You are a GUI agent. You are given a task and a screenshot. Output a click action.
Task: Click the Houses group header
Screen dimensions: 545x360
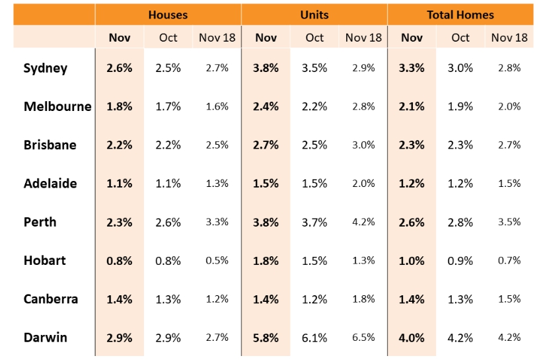tap(168, 15)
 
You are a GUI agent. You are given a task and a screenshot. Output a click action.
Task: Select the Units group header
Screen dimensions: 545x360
tap(314, 15)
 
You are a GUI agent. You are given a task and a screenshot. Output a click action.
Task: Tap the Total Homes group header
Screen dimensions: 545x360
tap(460, 15)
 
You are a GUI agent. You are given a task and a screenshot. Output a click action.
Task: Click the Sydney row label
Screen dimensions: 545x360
tap(45, 68)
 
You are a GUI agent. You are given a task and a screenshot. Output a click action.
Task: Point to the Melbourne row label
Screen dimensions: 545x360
tap(57, 106)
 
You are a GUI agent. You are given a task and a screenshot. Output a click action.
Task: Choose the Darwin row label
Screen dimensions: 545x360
tap(45, 338)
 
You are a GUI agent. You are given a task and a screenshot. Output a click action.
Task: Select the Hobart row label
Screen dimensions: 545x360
tap(44, 260)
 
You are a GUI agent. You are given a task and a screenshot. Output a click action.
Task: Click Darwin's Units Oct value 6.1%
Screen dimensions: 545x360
tap(314, 338)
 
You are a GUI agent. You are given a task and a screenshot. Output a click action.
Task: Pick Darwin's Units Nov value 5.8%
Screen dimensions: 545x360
tap(266, 338)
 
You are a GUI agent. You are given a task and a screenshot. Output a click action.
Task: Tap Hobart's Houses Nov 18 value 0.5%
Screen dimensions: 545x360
tap(217, 260)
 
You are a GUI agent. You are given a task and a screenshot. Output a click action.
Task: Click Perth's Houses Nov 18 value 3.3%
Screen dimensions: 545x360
tap(217, 222)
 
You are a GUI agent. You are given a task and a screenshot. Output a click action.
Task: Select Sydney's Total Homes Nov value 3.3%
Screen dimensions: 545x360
tap(412, 68)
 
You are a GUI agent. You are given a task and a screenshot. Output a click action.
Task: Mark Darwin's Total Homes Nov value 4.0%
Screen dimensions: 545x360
tap(412, 338)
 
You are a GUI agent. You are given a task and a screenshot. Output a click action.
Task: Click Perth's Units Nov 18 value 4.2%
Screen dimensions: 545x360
tap(363, 222)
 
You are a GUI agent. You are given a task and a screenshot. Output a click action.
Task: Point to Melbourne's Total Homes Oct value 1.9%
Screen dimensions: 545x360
tap(460, 106)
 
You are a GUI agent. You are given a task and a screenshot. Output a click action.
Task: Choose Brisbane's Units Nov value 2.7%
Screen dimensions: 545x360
tap(266, 145)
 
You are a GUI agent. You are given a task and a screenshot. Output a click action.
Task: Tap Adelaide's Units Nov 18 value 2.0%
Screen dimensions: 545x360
tap(363, 183)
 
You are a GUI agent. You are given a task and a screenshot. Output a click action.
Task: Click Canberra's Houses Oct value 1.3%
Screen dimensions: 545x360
tap(168, 299)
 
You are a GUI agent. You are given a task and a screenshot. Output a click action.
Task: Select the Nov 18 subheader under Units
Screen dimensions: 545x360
tap(363, 38)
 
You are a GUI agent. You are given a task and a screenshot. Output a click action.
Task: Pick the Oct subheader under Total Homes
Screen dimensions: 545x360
tap(460, 38)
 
